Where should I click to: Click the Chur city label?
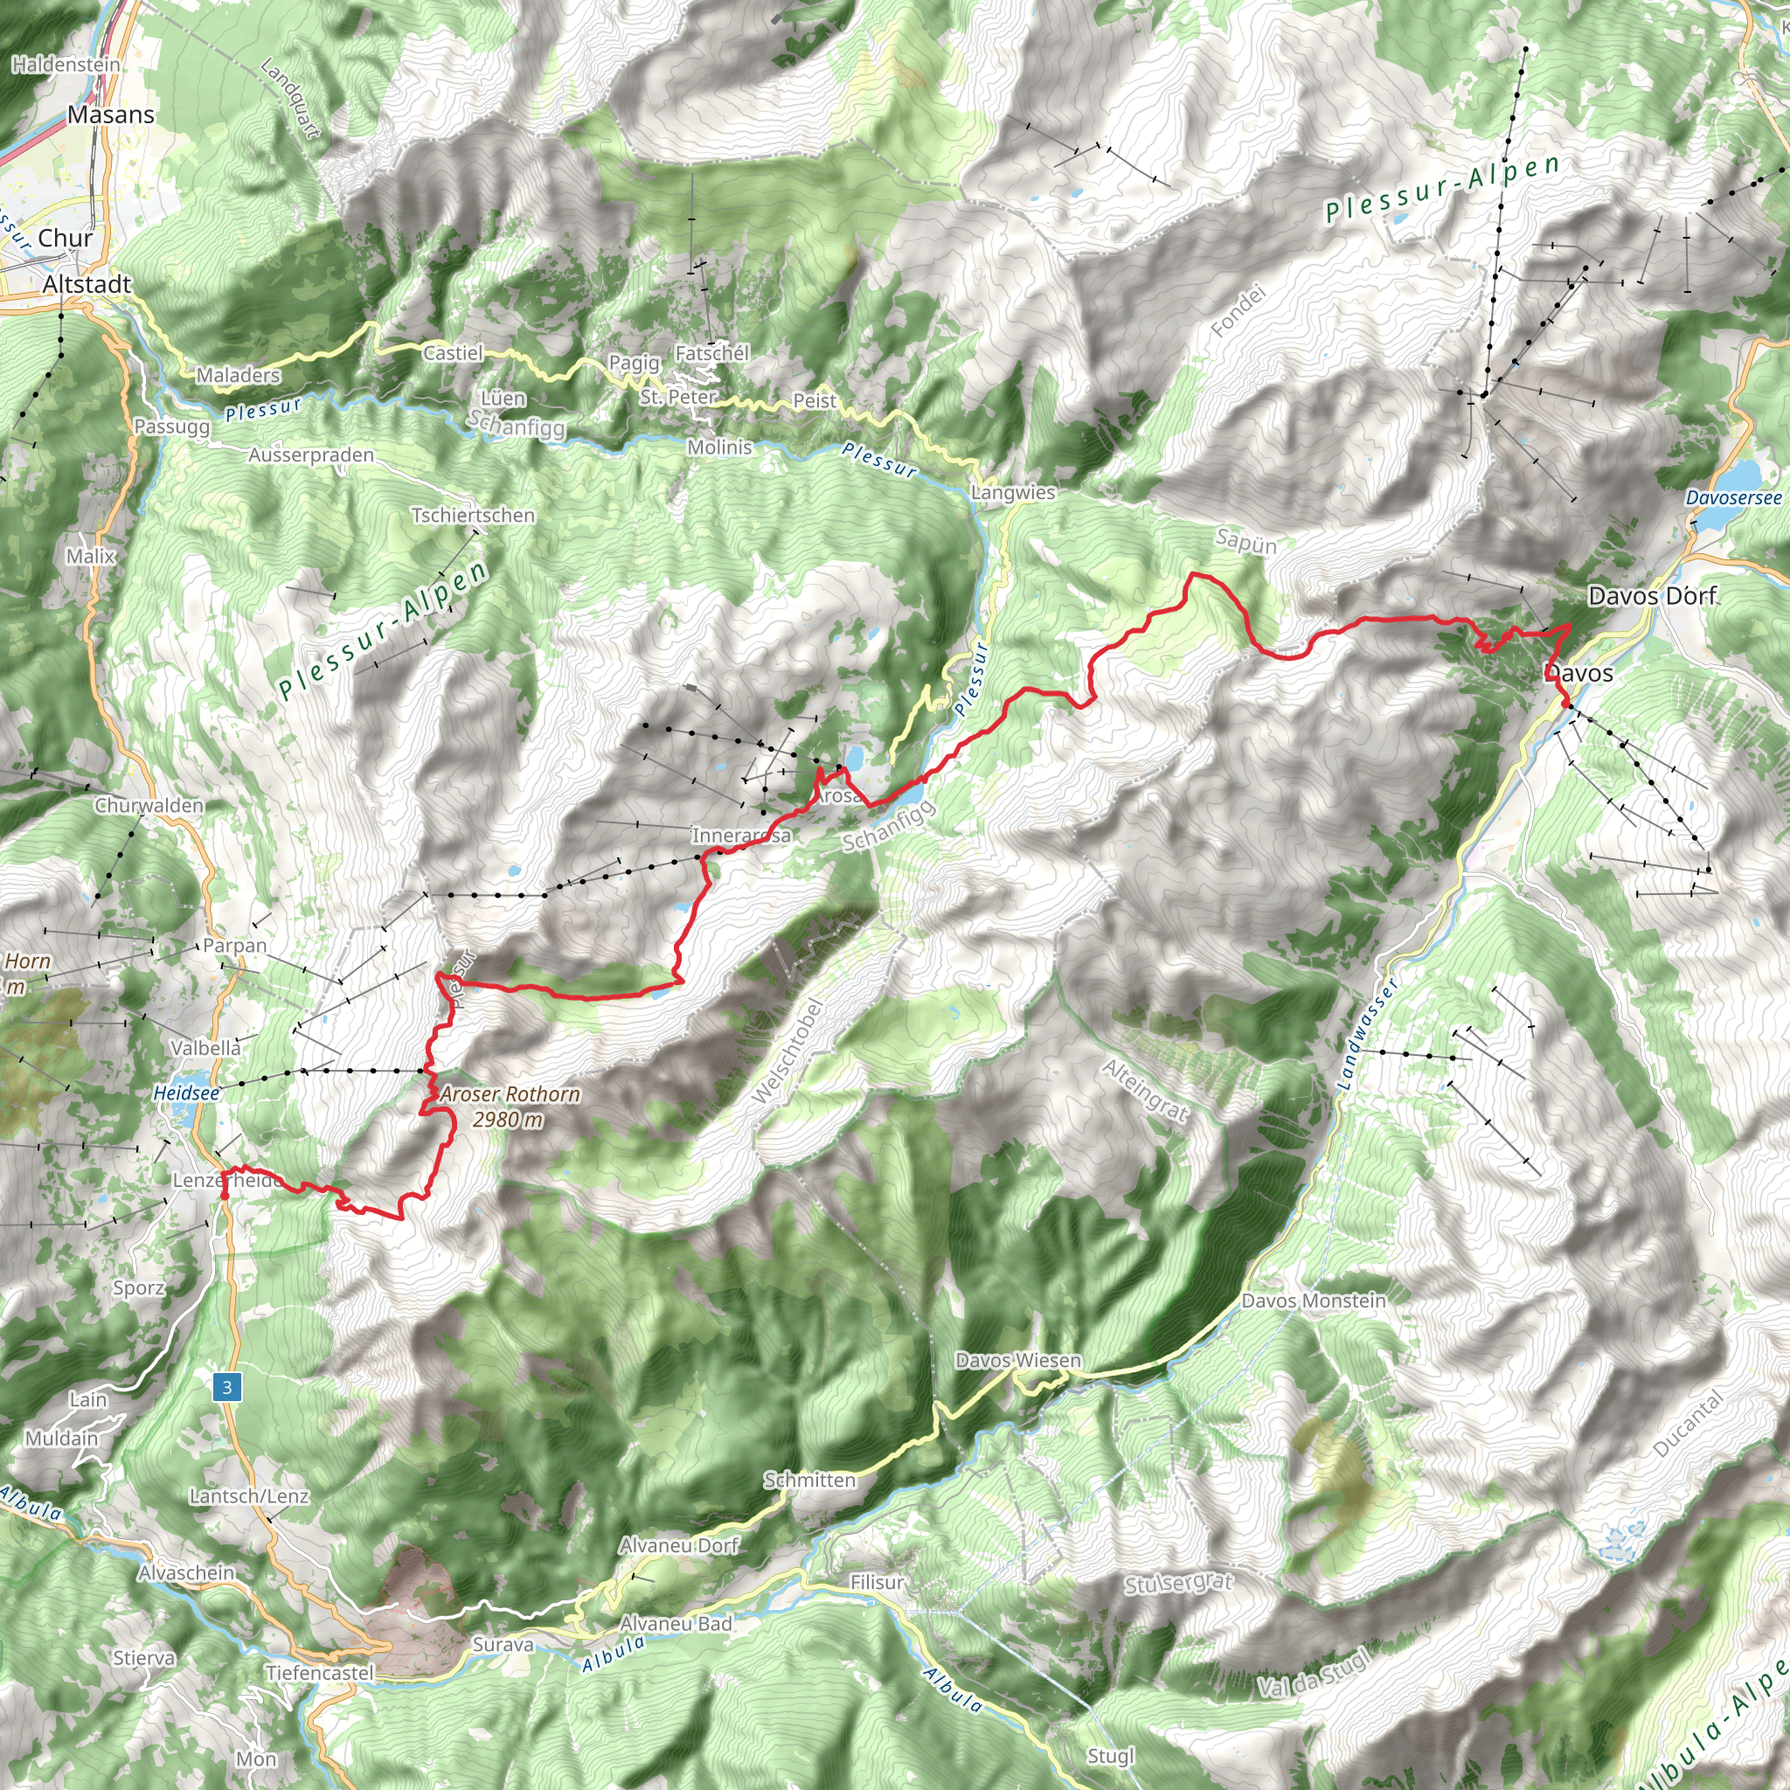pos(65,238)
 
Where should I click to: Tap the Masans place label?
pos(111,114)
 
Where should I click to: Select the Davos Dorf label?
pos(1652,596)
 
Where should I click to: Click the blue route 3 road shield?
pos(227,1387)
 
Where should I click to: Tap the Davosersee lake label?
pos(1733,497)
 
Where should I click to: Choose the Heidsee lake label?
pos(186,1093)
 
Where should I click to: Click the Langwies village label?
pos(1013,493)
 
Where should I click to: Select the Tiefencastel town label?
pos(320,1672)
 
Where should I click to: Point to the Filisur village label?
pos(877,1583)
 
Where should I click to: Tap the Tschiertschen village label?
pos(474,515)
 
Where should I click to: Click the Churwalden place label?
pos(149,805)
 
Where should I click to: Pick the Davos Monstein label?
pos(1314,1301)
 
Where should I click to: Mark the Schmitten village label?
pos(809,1480)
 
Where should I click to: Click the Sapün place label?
pos(1246,543)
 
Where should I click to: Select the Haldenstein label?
pos(66,64)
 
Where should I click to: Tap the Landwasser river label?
pos(1368,1033)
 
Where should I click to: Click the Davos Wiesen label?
pos(1018,1360)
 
